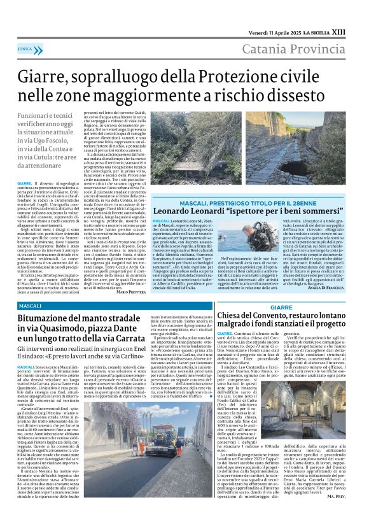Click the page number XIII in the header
click(356, 13)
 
